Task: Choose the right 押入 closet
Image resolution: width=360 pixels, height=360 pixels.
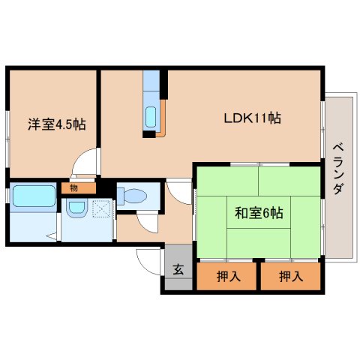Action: pos(291,276)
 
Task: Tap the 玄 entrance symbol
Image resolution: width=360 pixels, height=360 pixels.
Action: pos(178,270)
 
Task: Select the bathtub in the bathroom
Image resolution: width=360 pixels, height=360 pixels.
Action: pos(33,196)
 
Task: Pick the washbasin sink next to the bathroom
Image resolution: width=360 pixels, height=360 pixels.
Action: pos(76,211)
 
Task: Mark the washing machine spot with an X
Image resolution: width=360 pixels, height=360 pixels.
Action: pos(99,210)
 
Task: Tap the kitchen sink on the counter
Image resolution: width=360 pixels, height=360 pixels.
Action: pos(150,116)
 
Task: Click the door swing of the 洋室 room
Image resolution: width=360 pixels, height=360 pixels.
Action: pos(88,159)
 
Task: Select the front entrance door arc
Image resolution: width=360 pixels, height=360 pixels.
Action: pos(148,260)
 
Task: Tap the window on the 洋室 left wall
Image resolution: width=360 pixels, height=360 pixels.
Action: pos(7,124)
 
